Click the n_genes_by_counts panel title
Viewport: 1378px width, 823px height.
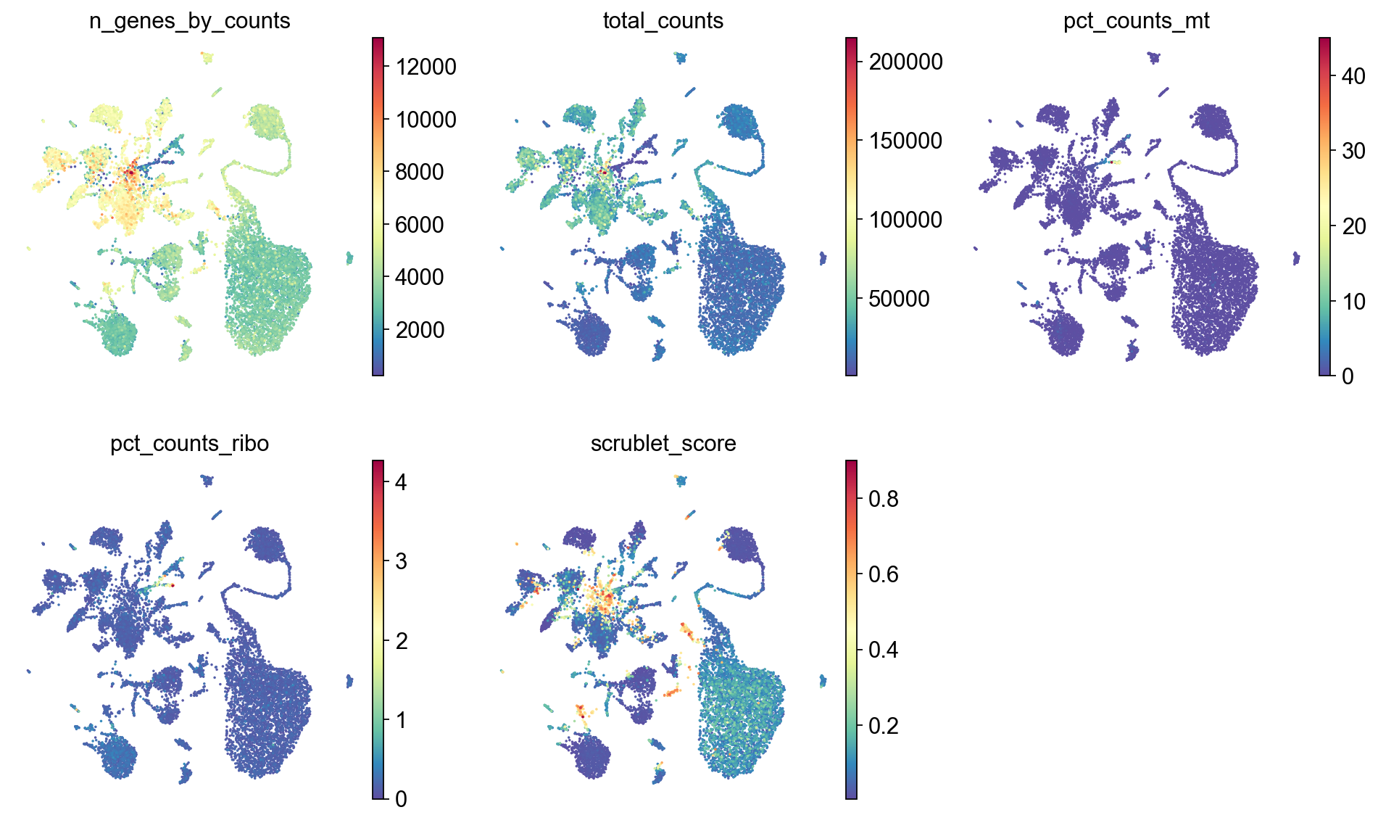(189, 21)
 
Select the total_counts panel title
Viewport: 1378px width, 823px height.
(663, 21)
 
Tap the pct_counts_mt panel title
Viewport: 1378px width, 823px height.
(1136, 21)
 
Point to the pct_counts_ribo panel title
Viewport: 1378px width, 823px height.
(189, 443)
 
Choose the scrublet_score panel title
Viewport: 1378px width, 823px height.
(663, 443)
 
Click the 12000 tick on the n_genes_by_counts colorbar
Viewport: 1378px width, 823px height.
(426, 67)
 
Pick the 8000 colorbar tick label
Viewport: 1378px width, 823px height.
(420, 172)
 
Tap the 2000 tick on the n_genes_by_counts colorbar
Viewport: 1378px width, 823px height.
(420, 330)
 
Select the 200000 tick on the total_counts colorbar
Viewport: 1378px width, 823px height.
(906, 62)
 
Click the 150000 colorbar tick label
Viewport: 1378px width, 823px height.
(906, 141)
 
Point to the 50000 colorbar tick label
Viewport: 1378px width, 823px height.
(899, 299)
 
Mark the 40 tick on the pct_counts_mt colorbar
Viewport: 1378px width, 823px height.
(1353, 76)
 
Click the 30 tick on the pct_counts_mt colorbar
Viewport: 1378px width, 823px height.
(1353, 151)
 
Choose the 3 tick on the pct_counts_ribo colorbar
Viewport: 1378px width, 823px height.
(400, 561)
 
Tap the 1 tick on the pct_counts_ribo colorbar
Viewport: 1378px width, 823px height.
(400, 720)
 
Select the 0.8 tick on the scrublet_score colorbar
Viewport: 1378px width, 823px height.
(883, 499)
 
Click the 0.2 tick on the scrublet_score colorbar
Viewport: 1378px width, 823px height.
(883, 726)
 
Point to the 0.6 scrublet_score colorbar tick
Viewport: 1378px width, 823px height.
(883, 574)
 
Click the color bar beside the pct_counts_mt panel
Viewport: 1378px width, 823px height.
(1324, 207)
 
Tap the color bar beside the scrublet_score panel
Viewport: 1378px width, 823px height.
(851, 629)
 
